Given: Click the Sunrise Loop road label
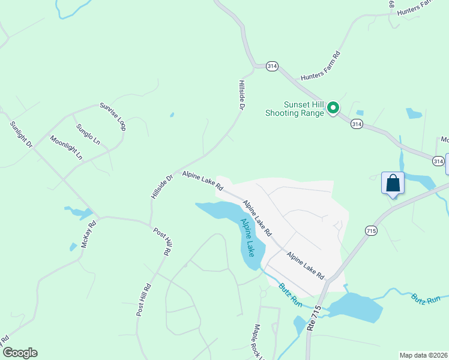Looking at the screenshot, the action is tap(113, 115).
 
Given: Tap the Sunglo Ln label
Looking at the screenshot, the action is tap(88, 134).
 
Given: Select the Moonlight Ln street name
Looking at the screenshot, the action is tap(66, 147).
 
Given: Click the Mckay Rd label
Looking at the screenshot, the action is tap(88, 234).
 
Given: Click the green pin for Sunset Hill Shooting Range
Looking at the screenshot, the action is tap(333, 108).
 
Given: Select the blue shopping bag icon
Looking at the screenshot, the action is tap(393, 183).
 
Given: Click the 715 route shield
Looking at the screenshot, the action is tap(370, 230).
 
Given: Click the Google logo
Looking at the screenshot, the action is tap(20, 353).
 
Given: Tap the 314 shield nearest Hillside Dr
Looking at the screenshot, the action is tap(271, 67).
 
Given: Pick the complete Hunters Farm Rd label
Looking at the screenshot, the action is tap(321, 66).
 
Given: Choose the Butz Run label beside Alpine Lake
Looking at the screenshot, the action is tap(289, 295).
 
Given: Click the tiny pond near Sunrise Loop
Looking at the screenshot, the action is tap(172, 114).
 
